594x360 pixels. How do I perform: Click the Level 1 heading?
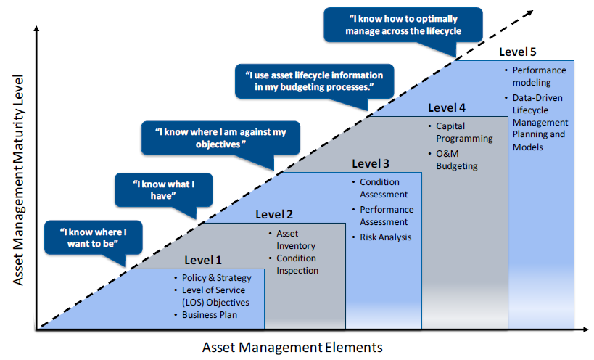click(202, 260)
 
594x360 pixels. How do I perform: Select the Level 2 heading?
click(274, 214)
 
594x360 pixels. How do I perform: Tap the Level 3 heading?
click(371, 163)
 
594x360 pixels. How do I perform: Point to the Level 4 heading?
click(447, 107)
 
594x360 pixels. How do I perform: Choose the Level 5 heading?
click(517, 52)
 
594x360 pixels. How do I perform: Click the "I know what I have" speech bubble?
click(164, 190)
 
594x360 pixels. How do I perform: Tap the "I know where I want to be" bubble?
click(93, 237)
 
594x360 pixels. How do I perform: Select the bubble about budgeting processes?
click(315, 81)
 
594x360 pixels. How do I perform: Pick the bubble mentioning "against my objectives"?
click(221, 138)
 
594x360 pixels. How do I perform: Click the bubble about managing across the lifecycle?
click(403, 25)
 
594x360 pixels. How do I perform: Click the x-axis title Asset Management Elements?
click(292, 347)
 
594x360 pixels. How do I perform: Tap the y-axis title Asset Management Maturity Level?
click(18, 179)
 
